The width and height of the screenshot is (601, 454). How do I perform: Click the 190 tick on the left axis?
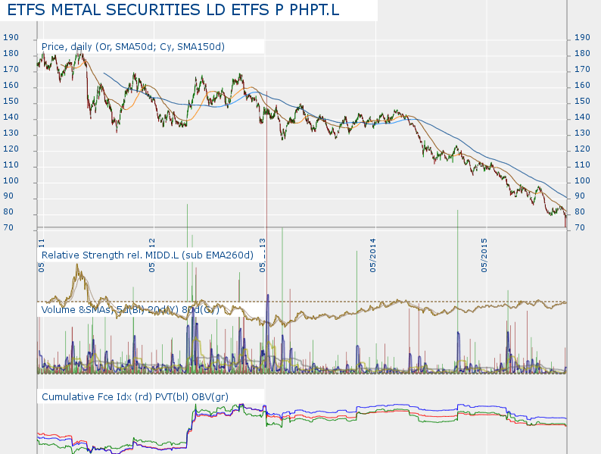click(x=10, y=38)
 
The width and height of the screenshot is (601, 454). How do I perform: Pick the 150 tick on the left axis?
click(x=10, y=102)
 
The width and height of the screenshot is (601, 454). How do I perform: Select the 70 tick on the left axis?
click(x=10, y=228)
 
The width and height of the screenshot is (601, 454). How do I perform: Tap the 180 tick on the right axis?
click(x=582, y=54)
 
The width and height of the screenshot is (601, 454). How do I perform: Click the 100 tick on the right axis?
click(x=582, y=181)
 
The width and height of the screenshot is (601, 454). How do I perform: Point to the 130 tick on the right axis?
click(x=582, y=133)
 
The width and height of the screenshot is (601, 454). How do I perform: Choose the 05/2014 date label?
click(x=373, y=255)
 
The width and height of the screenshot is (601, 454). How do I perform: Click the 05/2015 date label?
click(x=484, y=255)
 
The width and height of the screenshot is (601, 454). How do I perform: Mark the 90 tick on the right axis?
click(x=582, y=197)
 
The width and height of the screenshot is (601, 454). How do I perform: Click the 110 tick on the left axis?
click(x=10, y=165)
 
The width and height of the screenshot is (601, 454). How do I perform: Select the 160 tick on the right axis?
click(x=582, y=86)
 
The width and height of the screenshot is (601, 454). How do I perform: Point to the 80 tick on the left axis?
click(x=10, y=212)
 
